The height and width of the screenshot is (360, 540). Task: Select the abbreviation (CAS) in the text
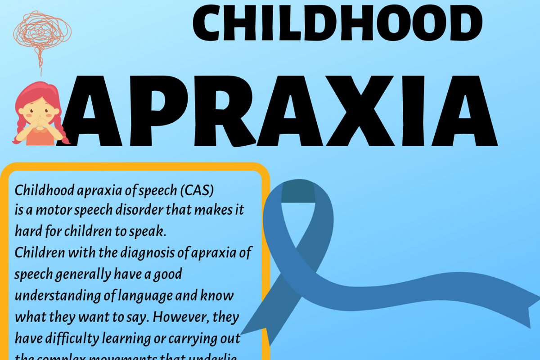coord(197,191)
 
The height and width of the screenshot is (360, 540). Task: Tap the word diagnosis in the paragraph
coord(147,253)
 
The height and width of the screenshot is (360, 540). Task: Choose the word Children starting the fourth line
coord(40,253)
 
